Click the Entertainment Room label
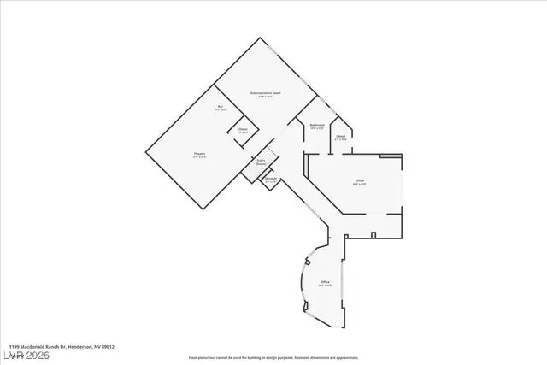click(x=266, y=92)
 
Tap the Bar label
click(x=220, y=105)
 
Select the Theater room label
click(x=197, y=153)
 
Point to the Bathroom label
click(x=316, y=125)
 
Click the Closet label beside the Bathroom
click(x=340, y=135)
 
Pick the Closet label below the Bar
click(x=243, y=128)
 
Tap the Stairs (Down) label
click(x=261, y=161)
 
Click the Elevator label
click(x=270, y=178)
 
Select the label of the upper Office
click(x=360, y=180)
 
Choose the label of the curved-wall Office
click(x=325, y=281)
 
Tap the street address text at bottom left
click(x=56, y=347)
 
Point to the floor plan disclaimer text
click(x=273, y=356)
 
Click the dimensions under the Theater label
click(x=197, y=157)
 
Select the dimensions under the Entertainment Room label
click(x=266, y=97)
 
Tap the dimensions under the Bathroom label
click(x=316, y=129)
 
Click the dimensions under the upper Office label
click(x=360, y=185)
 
